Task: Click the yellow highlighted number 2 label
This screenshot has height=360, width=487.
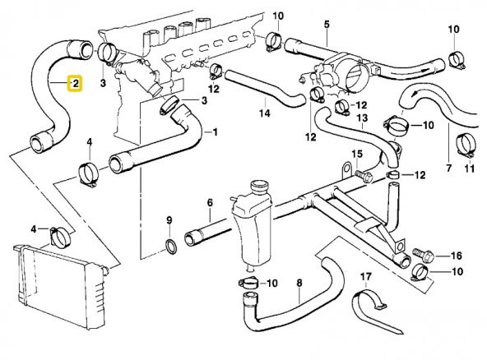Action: tap(74, 84)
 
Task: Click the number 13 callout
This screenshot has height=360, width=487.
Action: tap(361, 118)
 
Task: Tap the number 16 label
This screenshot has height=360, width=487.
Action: tap(457, 256)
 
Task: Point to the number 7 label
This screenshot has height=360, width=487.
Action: tap(448, 169)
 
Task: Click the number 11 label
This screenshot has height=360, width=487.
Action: tap(470, 169)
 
